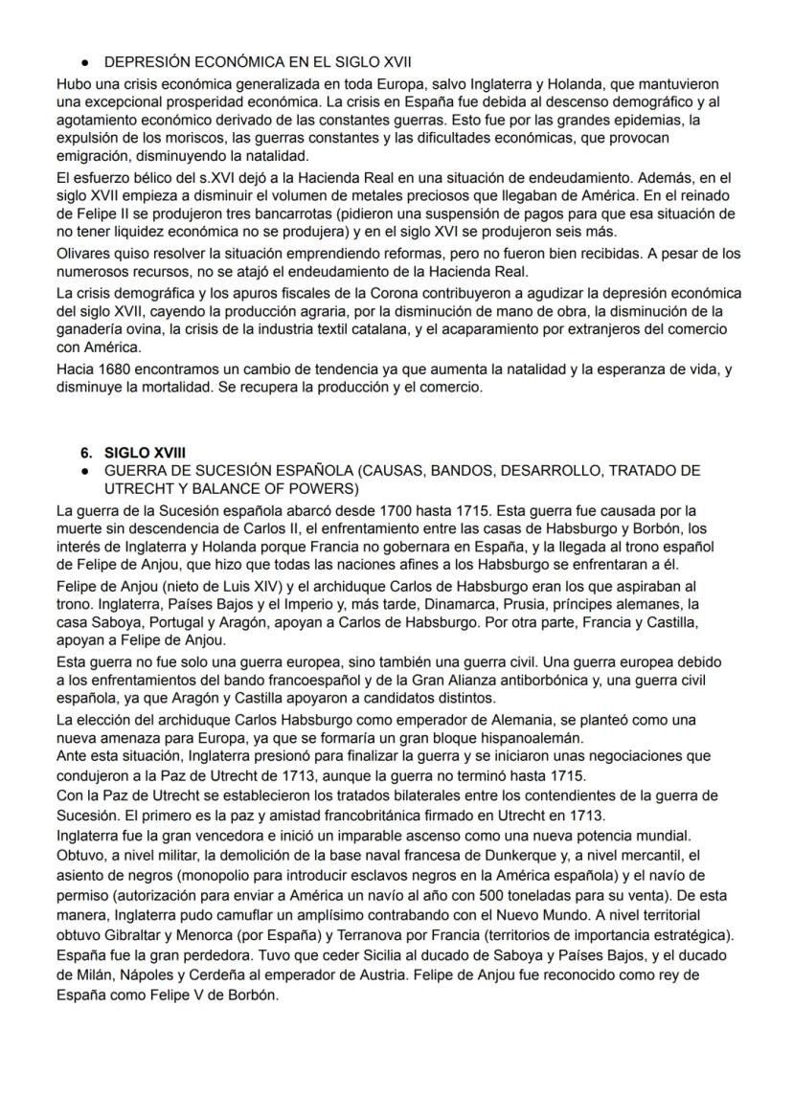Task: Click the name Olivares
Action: pos(83,254)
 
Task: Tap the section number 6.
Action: pos(86,452)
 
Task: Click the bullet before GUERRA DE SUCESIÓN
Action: pos(85,470)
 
